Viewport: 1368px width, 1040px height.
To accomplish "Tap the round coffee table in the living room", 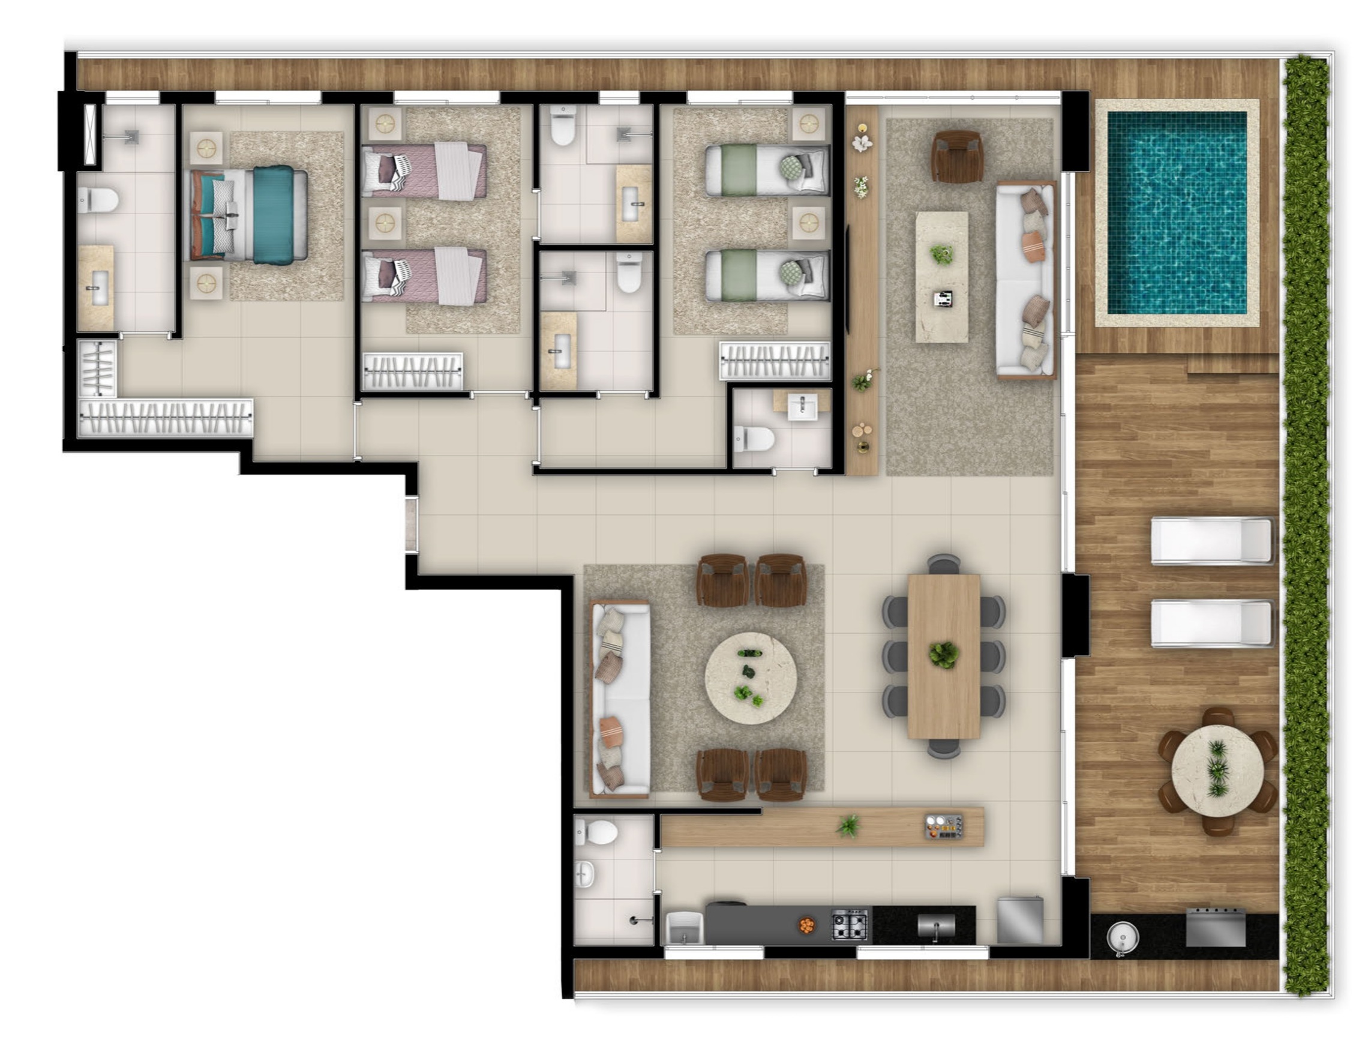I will pyautogui.click(x=750, y=678).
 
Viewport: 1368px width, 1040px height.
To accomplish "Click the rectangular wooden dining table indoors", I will pyautogui.click(x=943, y=656).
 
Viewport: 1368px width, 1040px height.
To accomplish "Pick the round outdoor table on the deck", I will pyautogui.click(x=1217, y=771).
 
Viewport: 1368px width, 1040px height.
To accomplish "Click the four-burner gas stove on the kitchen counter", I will pyautogui.click(x=849, y=925).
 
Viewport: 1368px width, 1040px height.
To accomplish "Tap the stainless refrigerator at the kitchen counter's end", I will pyautogui.click(x=1019, y=921).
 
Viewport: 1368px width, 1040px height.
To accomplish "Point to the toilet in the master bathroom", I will pyautogui.click(x=99, y=200).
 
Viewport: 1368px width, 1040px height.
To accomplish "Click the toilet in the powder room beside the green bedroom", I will pyautogui.click(x=755, y=438).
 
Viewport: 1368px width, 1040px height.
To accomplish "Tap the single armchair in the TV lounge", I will pyautogui.click(x=957, y=157).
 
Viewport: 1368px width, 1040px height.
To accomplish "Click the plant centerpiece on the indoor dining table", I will pyautogui.click(x=943, y=654).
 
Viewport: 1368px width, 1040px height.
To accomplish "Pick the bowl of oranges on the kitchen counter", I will pyautogui.click(x=806, y=925).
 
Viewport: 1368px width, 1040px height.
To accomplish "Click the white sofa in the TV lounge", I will pyautogui.click(x=1025, y=280).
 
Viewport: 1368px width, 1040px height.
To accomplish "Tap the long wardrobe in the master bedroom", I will pyautogui.click(x=166, y=417).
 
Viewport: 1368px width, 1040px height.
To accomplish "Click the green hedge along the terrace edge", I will pyautogui.click(x=1307, y=526).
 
